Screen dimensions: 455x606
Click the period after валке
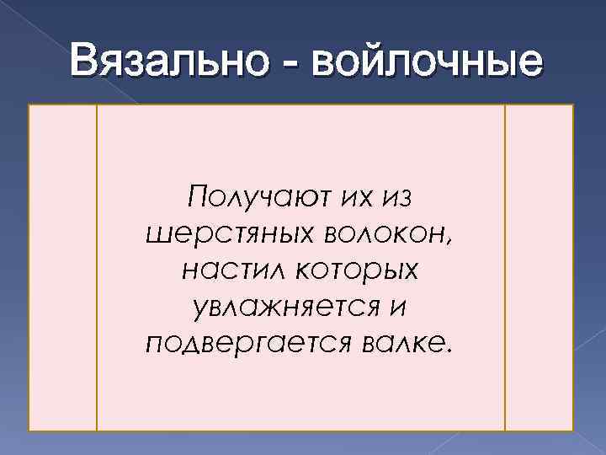coord(448,350)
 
